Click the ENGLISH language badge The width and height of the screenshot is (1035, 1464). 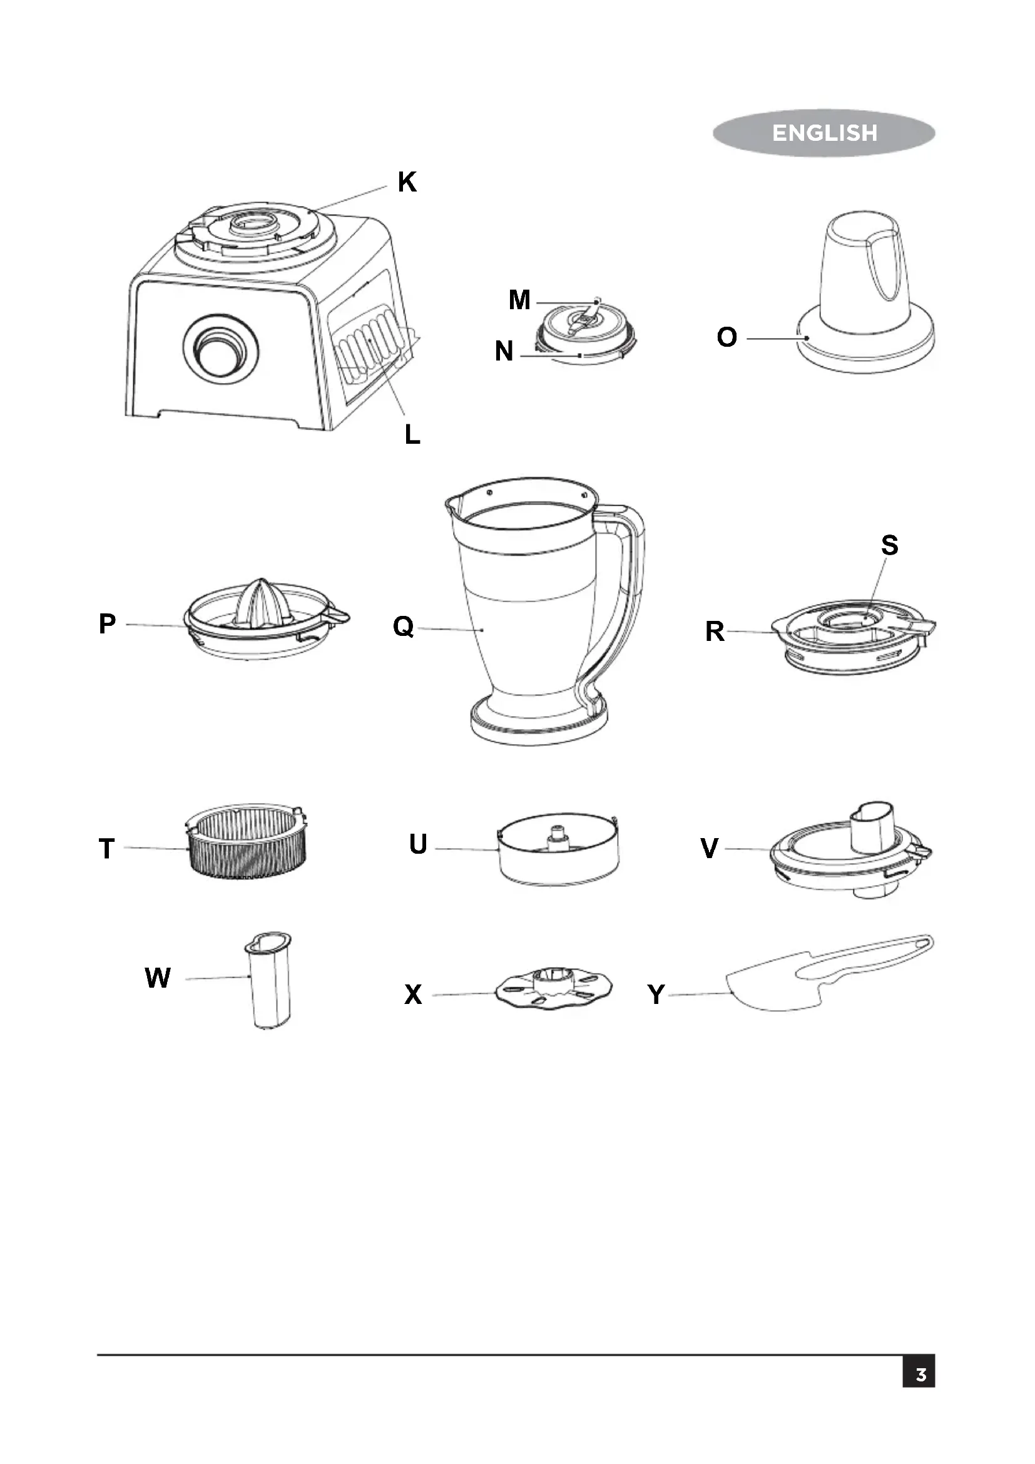coord(823,133)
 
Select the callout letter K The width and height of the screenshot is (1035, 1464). coord(407,182)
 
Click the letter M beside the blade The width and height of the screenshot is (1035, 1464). coord(519,300)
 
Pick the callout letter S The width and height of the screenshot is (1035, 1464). coord(890,545)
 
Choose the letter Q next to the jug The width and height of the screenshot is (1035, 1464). coord(404,626)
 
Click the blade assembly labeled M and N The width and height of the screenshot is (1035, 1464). coord(585,332)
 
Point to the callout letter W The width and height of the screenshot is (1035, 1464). coord(158,978)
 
